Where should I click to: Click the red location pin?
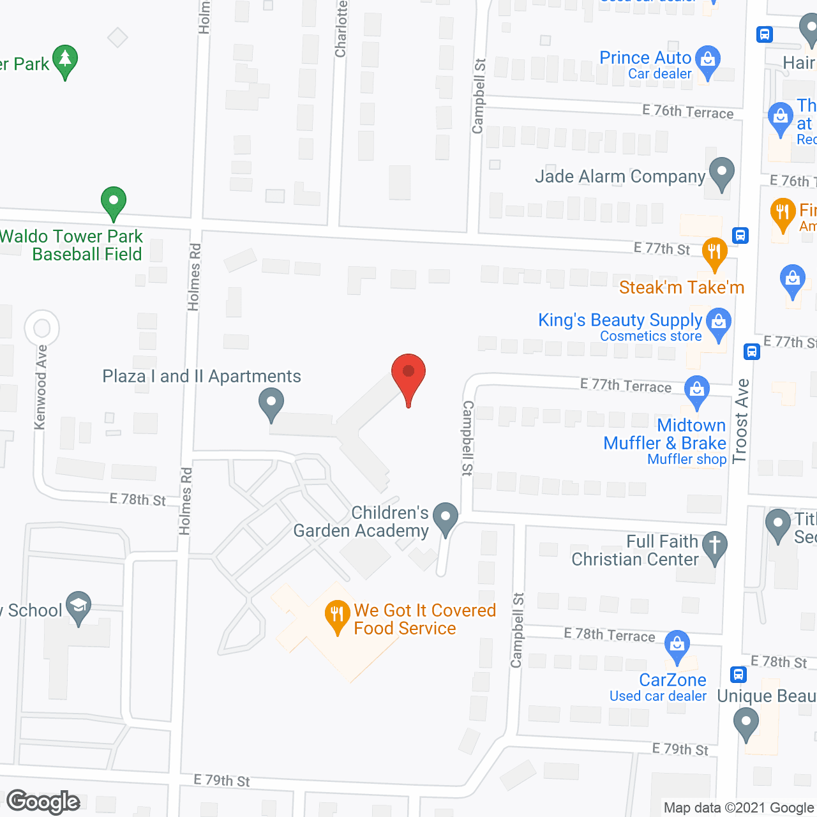coord(408,374)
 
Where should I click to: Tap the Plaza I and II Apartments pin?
coord(271,405)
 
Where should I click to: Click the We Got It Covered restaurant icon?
coord(337,616)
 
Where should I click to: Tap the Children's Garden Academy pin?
coord(445,517)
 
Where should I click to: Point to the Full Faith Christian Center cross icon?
coord(715,546)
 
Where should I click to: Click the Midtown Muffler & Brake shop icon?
coord(696,389)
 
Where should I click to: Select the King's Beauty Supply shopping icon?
coord(719,322)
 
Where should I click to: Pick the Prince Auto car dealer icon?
coord(707,61)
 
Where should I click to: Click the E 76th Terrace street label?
coord(687,112)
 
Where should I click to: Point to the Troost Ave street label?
coord(740,421)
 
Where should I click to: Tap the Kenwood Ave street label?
coord(41,387)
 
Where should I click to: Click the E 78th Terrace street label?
coord(609,635)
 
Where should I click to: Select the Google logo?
coord(43,802)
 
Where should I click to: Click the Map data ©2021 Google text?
coord(739,808)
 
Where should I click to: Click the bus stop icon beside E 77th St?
coord(740,236)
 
